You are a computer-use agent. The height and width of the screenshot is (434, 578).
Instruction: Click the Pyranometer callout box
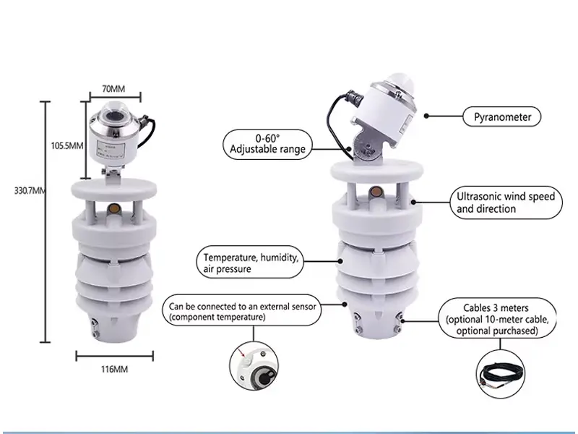coord(501,116)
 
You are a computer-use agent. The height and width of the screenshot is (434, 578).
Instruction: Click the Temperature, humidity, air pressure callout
coord(249,263)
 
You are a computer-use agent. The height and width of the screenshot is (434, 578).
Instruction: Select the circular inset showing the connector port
coord(253,365)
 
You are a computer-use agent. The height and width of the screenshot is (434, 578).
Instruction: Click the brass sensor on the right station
coord(375,193)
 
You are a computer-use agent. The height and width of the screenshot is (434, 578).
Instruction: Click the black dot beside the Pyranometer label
coord(427,115)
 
